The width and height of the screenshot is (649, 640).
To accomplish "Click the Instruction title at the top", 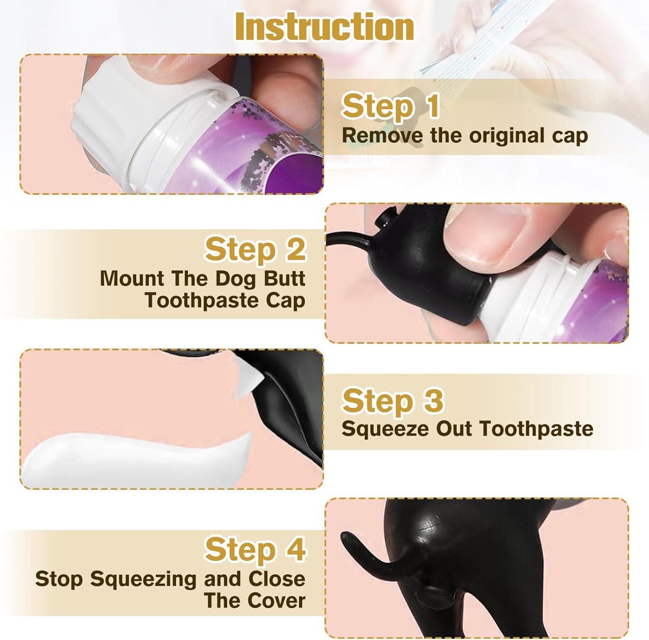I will (324, 27).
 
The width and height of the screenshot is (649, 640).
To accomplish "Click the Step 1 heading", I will (390, 106).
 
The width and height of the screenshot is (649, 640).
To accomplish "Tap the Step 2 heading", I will (255, 249).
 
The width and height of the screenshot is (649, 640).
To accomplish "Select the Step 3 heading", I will (392, 401).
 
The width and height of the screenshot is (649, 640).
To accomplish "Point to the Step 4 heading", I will (255, 549).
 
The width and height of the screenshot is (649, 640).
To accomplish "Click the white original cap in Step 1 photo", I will (108, 113).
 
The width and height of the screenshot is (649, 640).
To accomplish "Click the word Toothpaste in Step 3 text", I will (537, 429).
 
